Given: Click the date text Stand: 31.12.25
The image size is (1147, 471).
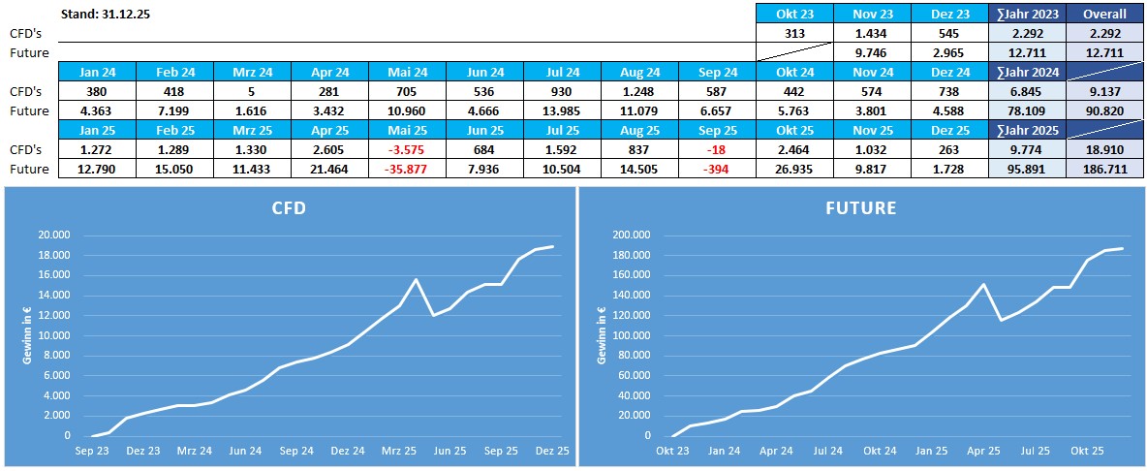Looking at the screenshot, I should [106, 14].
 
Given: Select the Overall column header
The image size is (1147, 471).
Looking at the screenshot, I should [1104, 14].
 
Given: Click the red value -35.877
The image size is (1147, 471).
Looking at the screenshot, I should [407, 169].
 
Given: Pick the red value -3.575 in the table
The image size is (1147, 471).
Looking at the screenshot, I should [407, 149].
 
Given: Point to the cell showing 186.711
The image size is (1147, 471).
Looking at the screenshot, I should [1104, 169].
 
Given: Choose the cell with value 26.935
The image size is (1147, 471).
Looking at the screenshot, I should [794, 169].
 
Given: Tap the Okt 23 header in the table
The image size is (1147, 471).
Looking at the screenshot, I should [794, 14].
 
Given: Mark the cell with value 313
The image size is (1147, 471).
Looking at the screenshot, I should [794, 33].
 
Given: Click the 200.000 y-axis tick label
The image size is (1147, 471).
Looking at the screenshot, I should [632, 235].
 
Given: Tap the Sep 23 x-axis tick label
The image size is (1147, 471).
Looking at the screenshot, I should [94, 451].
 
